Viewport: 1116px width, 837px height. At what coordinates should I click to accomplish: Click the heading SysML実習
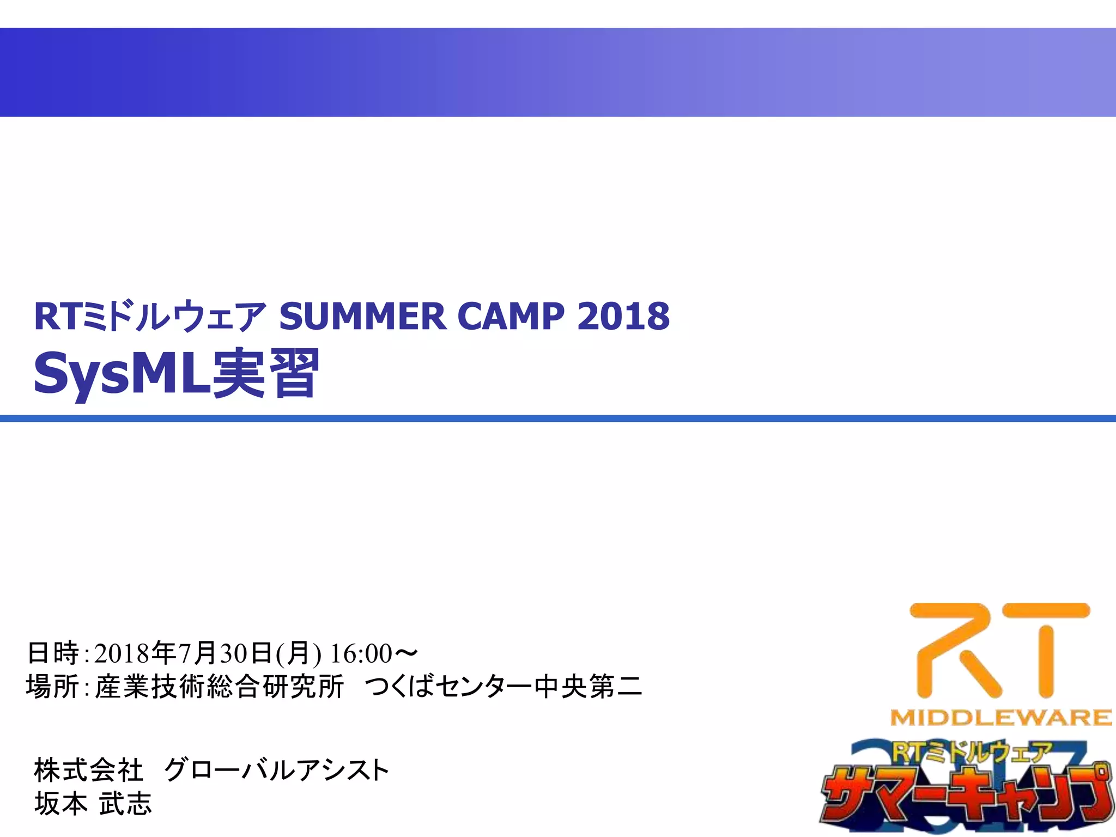pyautogui.click(x=176, y=374)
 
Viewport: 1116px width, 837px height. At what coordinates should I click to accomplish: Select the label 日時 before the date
pyautogui.click(x=53, y=653)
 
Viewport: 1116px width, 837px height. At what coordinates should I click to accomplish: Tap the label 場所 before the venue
pyautogui.click(x=53, y=687)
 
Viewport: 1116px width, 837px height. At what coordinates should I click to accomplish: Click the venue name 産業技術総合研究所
pyautogui.click(x=220, y=687)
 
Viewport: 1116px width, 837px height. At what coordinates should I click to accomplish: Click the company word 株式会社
pyautogui.click(x=88, y=771)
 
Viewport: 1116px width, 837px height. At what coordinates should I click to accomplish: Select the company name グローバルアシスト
pyautogui.click(x=277, y=771)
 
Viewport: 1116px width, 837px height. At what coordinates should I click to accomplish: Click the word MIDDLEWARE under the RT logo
pyautogui.click(x=1000, y=717)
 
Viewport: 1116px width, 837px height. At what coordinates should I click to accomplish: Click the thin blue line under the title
pyautogui.click(x=558, y=418)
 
